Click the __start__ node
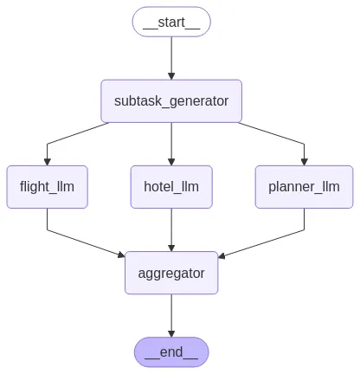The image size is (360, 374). click(171, 22)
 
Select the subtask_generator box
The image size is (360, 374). click(171, 101)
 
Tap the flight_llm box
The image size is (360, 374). click(47, 187)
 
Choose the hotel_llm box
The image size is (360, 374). click(171, 187)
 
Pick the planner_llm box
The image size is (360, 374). click(304, 187)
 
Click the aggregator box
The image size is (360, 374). click(171, 273)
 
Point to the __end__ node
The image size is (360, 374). click(171, 352)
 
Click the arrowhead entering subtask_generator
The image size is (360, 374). click(171, 76)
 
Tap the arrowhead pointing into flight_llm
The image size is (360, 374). click(48, 162)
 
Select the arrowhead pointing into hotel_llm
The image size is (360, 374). click(171, 162)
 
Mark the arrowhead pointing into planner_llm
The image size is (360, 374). click(304, 162)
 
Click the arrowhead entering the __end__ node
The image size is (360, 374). click(171, 333)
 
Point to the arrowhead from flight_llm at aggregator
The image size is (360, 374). click(121, 255)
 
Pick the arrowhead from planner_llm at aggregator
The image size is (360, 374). click(222, 255)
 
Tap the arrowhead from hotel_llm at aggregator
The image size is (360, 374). click(171, 248)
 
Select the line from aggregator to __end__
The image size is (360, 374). click(171, 314)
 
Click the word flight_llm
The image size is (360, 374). click(47, 187)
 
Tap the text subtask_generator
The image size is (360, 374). click(171, 101)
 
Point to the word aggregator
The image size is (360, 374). click(171, 274)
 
